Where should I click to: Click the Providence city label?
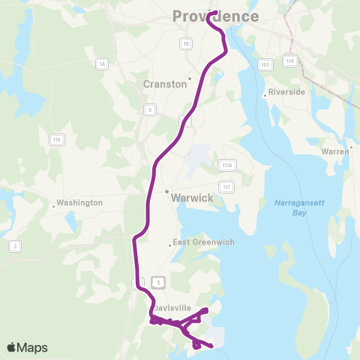pyautogui.click(x=215, y=16)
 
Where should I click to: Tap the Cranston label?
pyautogui.click(x=165, y=85)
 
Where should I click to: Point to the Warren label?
pyautogui.click(x=334, y=151)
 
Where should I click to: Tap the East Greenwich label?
pyautogui.click(x=203, y=242)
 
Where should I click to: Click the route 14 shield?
pyautogui.click(x=101, y=64)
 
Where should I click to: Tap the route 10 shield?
pyautogui.click(x=185, y=43)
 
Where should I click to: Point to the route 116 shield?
pyautogui.click(x=55, y=139)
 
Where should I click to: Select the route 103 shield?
pyautogui.click(x=265, y=64)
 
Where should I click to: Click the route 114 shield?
pyautogui.click(x=289, y=60)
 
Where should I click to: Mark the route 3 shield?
pyautogui.click(x=14, y=245)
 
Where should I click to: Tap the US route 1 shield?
pyautogui.click(x=157, y=281)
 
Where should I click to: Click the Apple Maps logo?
pyautogui.click(x=27, y=347)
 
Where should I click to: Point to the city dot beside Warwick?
pyautogui.click(x=166, y=191)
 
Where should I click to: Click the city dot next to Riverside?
pyautogui.click(x=265, y=94)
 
